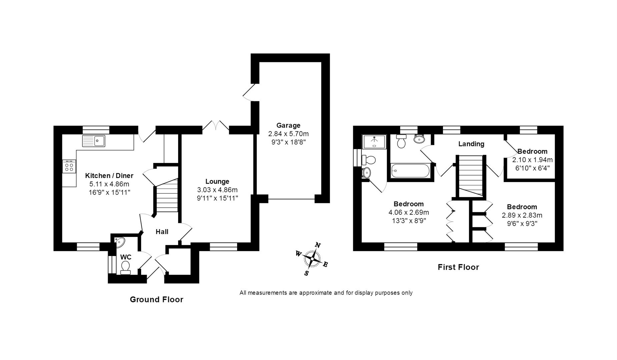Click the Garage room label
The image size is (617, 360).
coord(288,126)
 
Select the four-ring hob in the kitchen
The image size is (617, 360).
coord(69,166)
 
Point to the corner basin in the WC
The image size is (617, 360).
coord(119,241)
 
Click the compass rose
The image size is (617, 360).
coord(312,259)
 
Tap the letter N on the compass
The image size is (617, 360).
coord(318,246)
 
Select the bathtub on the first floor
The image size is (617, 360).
coord(410,171)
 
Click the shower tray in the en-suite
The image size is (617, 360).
coord(374,142)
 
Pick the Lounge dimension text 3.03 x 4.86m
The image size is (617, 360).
coord(217,190)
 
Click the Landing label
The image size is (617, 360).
coord(471,144)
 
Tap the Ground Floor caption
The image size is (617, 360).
coord(156,300)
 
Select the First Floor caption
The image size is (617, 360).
coord(458,267)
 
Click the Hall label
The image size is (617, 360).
coord(162,232)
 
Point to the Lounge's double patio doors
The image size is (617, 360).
coord(216,126)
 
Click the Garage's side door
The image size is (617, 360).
coord(249,92)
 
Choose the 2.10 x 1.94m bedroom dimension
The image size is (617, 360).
coord(532,160)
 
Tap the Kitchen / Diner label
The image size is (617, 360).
coord(109,176)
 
